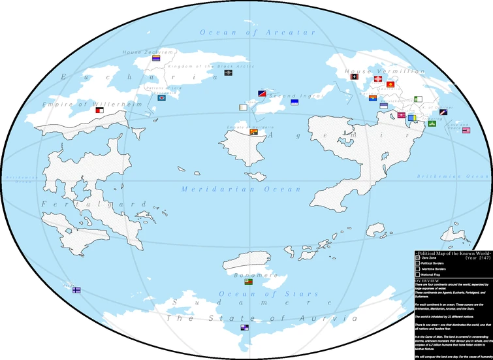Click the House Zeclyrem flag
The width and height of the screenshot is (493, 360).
pos(157,59)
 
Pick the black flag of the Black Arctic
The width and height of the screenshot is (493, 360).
pos(229,73)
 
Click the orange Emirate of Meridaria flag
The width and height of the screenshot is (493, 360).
pos(253,133)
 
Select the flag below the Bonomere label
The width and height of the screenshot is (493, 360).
pos(248,282)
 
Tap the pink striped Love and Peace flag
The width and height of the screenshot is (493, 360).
pos(466,130)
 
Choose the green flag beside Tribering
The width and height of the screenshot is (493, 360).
pos(431,123)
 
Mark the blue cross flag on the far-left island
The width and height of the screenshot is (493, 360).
pos(76,289)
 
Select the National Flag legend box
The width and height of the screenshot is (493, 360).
pos(418,275)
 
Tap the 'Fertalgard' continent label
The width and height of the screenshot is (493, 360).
pos(94,205)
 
